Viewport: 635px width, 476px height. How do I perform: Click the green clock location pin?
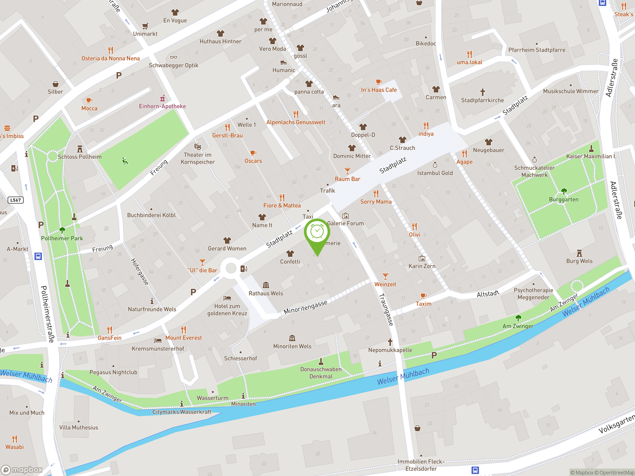tap(317, 232)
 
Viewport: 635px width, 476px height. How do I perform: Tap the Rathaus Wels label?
tap(266, 293)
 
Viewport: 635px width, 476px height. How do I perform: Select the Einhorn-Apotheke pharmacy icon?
tap(162, 98)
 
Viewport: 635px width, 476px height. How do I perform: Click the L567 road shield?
tap(15, 200)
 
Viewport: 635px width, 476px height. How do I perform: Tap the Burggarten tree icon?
tap(564, 191)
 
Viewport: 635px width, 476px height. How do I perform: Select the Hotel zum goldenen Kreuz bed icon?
tap(227, 298)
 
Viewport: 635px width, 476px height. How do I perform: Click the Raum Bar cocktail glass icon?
tap(347, 171)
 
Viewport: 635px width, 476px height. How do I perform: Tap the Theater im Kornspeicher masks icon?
tap(197, 147)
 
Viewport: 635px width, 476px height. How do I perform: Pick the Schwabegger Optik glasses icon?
tap(173, 57)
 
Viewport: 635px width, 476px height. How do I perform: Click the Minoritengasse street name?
tap(305, 307)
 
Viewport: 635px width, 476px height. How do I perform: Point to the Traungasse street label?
tap(386, 309)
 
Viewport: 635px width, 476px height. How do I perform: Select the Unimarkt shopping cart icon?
tap(145, 26)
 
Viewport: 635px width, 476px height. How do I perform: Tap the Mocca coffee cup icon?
tap(89, 100)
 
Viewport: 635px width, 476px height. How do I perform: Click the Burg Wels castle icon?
tap(579, 253)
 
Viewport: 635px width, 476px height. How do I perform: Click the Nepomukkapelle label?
tap(390, 350)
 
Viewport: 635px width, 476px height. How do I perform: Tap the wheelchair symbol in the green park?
tap(125, 161)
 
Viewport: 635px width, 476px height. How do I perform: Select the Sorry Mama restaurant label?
tap(376, 202)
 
